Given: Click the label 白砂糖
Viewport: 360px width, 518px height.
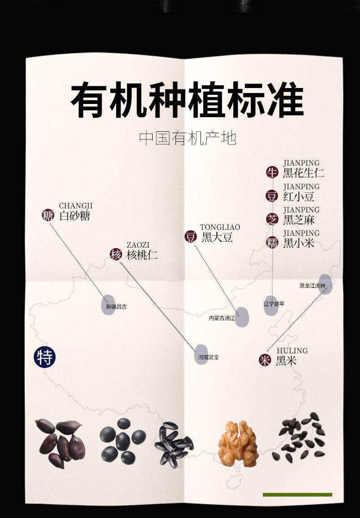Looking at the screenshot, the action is [75, 216].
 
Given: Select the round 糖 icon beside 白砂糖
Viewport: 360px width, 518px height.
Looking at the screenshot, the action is [48, 215].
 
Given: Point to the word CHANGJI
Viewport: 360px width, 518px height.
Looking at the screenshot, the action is [76, 206].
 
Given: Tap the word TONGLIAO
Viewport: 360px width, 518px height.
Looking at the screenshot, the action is [220, 227].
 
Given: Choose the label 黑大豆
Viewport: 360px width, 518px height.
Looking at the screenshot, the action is [217, 237].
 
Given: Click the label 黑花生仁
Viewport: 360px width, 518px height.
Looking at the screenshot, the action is [303, 173].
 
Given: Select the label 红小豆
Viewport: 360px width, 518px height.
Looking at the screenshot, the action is [299, 197].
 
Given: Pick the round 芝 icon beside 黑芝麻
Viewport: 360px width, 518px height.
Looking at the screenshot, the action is [272, 219].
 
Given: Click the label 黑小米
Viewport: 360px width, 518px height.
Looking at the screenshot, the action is [299, 243].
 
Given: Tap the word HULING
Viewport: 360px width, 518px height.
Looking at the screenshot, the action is [292, 351].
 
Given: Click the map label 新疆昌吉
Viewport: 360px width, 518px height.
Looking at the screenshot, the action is [116, 307].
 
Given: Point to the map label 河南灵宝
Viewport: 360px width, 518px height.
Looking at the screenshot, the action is [208, 357].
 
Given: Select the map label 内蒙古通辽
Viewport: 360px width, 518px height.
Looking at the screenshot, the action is [221, 318].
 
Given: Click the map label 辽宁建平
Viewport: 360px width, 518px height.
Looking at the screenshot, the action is [274, 303].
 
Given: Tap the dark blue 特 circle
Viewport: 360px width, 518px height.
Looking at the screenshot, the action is [45, 357].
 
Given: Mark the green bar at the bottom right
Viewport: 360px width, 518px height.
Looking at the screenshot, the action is [297, 494].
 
